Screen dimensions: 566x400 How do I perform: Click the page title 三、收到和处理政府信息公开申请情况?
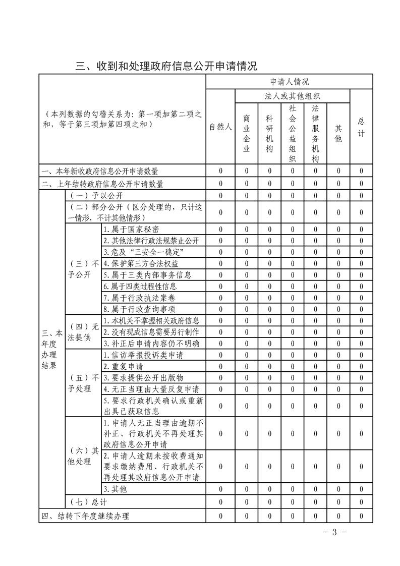[x=166, y=66]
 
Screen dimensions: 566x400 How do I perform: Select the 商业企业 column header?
[x=247, y=133]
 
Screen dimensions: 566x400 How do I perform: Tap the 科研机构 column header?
[x=269, y=133]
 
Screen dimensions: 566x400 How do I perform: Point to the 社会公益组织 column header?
[x=293, y=133]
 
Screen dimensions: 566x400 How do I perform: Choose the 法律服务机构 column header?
[x=315, y=133]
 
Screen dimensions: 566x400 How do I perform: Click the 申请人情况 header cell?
[x=290, y=82]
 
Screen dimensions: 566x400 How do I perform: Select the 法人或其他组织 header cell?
[x=293, y=96]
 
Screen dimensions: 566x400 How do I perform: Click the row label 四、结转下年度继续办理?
[x=86, y=516]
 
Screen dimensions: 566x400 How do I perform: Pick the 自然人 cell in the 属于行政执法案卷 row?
[x=220, y=298]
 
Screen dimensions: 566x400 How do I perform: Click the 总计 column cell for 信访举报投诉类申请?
[x=361, y=355]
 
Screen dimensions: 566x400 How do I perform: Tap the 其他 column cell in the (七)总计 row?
[x=338, y=502]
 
